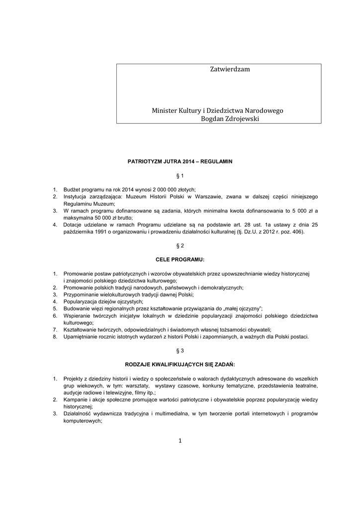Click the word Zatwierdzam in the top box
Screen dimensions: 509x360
point(230,70)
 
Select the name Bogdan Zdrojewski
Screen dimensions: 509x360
point(230,119)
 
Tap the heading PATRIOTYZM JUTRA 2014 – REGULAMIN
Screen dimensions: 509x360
point(180,162)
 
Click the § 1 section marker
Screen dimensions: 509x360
point(180,176)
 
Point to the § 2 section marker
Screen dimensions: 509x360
point(180,246)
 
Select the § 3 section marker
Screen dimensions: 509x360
point(180,350)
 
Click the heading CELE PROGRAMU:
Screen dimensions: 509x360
point(180,259)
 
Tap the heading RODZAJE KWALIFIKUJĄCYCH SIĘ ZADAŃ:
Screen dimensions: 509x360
point(180,364)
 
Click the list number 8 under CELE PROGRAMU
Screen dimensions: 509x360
point(55,336)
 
